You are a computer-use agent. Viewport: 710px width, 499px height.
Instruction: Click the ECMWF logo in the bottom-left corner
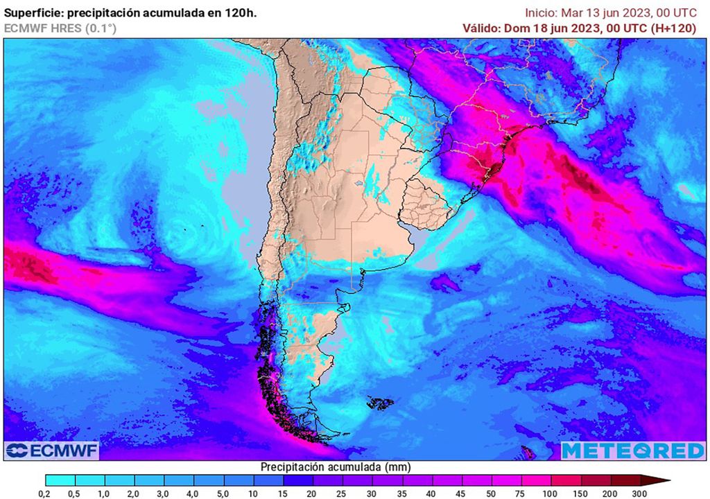point(52,450)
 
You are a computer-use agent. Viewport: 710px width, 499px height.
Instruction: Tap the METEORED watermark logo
point(633,450)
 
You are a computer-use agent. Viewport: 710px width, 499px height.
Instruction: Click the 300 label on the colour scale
point(639,493)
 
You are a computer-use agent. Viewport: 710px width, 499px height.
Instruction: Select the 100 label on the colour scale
point(551,493)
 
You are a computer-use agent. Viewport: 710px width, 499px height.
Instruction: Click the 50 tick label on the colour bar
point(492,493)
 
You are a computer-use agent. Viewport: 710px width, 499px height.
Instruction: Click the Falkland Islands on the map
point(379,402)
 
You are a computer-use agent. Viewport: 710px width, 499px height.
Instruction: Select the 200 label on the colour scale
point(610,493)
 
